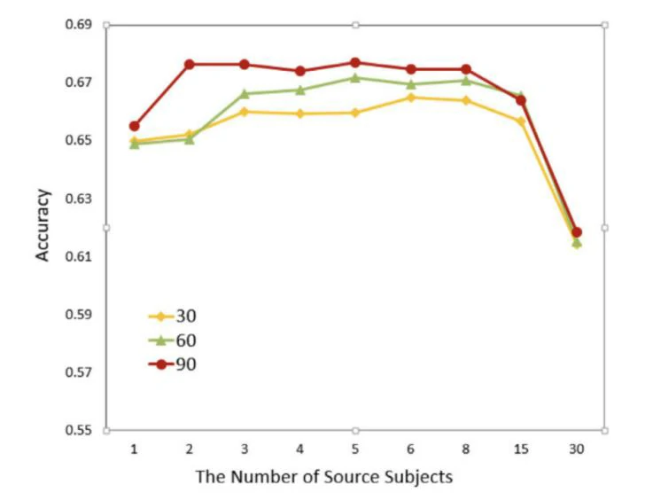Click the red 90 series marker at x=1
coord(134,126)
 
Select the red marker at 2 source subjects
coord(190,64)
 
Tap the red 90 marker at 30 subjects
coord(576,232)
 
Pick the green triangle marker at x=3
coord(245,93)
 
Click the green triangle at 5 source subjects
coord(355,77)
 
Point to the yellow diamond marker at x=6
coord(410,98)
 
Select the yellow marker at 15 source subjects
coord(521,121)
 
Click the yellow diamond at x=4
coord(300,113)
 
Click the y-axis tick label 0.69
coord(79,25)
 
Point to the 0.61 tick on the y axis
coord(79,256)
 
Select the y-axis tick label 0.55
coord(79,430)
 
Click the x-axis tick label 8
coord(466,449)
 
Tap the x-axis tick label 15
coord(521,449)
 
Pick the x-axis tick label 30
coord(576,449)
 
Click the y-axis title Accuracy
coord(43,225)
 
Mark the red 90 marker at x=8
coord(466,69)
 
